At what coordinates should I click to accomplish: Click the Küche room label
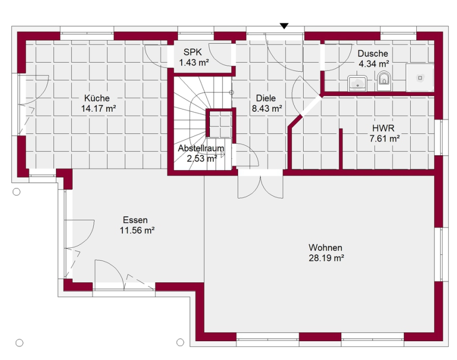point(97,98)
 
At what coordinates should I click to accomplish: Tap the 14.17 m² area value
point(99,109)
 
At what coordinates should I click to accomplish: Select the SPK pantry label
point(192,52)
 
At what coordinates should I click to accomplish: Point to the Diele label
point(266,98)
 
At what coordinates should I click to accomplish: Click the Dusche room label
point(373,54)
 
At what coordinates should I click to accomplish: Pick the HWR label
point(383,128)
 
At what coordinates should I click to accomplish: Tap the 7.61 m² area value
point(384,139)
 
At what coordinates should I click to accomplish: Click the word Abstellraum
point(201,148)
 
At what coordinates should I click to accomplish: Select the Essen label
point(135,220)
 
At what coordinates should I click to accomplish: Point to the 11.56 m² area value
point(137,231)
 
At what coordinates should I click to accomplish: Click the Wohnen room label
point(325,247)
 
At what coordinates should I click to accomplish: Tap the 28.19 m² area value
point(327,258)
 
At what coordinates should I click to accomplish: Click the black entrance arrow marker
point(284,26)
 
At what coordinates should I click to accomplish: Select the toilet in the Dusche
point(383,81)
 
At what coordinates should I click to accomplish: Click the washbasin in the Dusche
point(357,83)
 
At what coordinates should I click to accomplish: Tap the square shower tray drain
point(420,78)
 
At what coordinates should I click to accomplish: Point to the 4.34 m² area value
point(374,64)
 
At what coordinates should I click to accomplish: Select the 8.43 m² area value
point(267,109)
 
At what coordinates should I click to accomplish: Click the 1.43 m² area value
point(194,62)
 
